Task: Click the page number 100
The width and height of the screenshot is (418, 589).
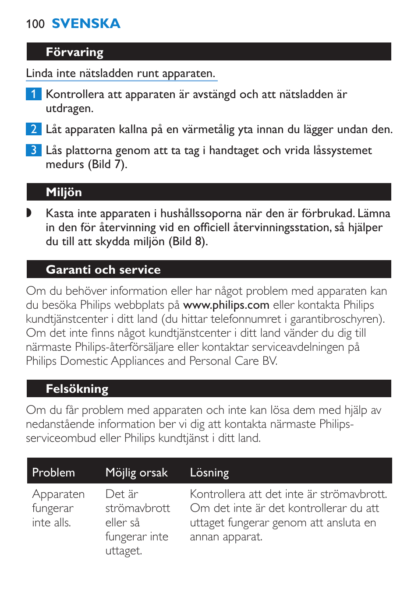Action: point(35,24)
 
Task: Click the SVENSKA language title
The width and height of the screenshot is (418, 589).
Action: point(86,24)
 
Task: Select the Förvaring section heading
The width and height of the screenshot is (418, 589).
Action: point(74,52)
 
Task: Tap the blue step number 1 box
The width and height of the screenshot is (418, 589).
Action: point(33,94)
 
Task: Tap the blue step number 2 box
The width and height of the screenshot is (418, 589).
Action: point(33,129)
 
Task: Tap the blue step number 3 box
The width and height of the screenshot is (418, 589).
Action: point(33,150)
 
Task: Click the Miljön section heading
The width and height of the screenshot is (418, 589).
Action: point(64,192)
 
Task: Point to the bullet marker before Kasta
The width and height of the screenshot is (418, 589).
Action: point(29,213)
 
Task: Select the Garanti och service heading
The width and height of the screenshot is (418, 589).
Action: point(103,270)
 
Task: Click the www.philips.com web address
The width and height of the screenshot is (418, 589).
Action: point(226,305)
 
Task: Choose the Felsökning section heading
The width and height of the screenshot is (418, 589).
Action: point(77,389)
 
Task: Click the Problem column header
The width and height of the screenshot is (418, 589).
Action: point(53,473)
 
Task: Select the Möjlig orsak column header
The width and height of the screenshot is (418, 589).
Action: point(137,473)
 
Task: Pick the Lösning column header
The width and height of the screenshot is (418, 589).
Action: point(209,473)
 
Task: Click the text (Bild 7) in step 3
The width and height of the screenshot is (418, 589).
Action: point(107,165)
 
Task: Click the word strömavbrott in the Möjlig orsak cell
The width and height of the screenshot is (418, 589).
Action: point(138,508)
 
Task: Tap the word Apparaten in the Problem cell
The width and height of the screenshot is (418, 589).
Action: point(58,494)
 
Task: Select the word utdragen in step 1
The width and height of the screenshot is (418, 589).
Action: point(69,109)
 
